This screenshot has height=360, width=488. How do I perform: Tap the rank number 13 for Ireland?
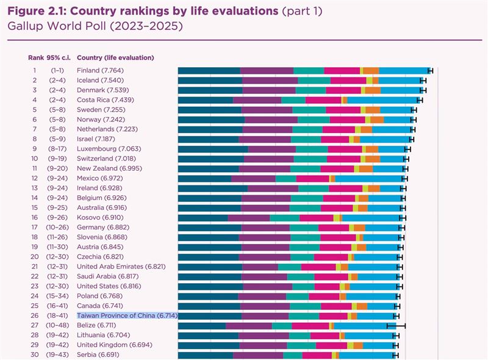(35, 188)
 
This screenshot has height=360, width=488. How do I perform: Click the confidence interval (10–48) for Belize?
(59, 325)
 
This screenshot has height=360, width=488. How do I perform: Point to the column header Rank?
(35, 58)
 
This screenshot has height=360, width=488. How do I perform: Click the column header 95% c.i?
(59, 58)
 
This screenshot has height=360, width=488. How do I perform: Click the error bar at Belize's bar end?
(396, 325)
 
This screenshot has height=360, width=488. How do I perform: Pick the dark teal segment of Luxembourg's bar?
(213, 149)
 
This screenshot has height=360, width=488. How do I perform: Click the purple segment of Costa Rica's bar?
(257, 100)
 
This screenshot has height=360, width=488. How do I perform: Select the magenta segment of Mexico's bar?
(312, 178)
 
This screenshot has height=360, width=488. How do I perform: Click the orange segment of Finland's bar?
(371, 71)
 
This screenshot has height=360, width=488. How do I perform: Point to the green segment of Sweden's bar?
(309, 110)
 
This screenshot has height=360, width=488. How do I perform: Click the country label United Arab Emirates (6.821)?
(118, 267)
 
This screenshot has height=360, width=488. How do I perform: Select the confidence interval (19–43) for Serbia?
(59, 355)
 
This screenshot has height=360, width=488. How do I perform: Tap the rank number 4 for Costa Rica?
(35, 100)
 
